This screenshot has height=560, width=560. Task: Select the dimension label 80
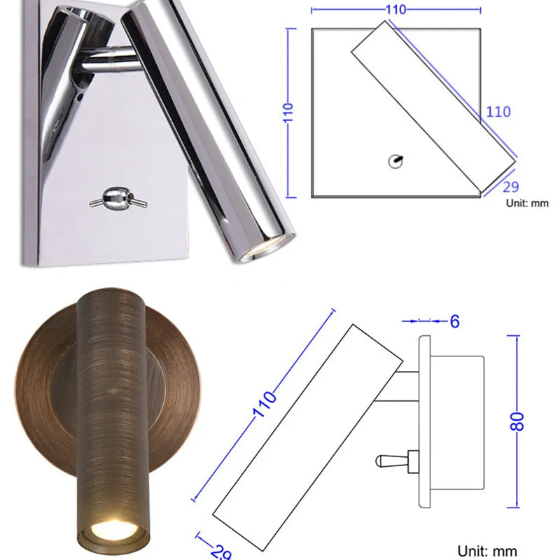click(519, 421)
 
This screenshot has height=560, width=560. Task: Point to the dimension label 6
click(454, 321)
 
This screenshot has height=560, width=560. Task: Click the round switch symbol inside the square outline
click(395, 162)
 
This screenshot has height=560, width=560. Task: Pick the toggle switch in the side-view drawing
click(396, 461)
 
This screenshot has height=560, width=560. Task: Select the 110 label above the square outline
click(395, 10)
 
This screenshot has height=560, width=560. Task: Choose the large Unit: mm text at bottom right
click(487, 551)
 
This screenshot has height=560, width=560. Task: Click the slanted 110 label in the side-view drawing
click(265, 405)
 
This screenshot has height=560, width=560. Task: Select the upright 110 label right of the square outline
click(498, 111)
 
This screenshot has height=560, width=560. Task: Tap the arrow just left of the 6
click(423, 321)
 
